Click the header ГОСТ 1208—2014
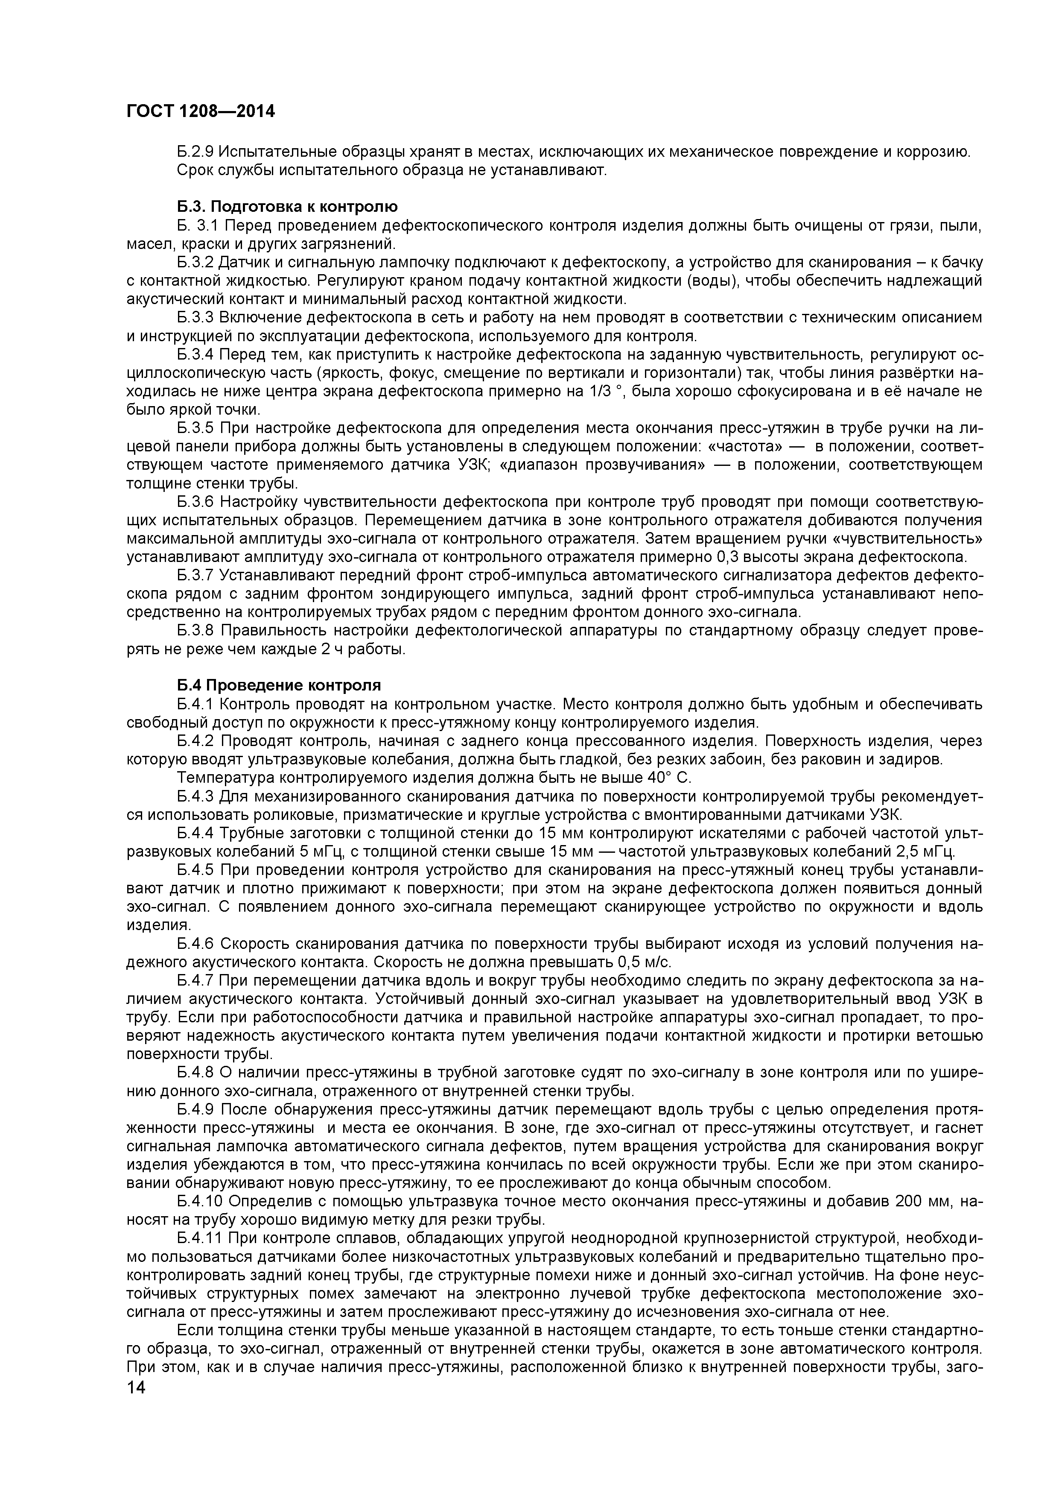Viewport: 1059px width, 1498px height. pyautogui.click(x=200, y=111)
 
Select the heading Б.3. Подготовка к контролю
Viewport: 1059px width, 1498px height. pyautogui.click(x=287, y=207)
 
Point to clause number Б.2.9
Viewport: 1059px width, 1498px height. pyautogui.click(x=195, y=152)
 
